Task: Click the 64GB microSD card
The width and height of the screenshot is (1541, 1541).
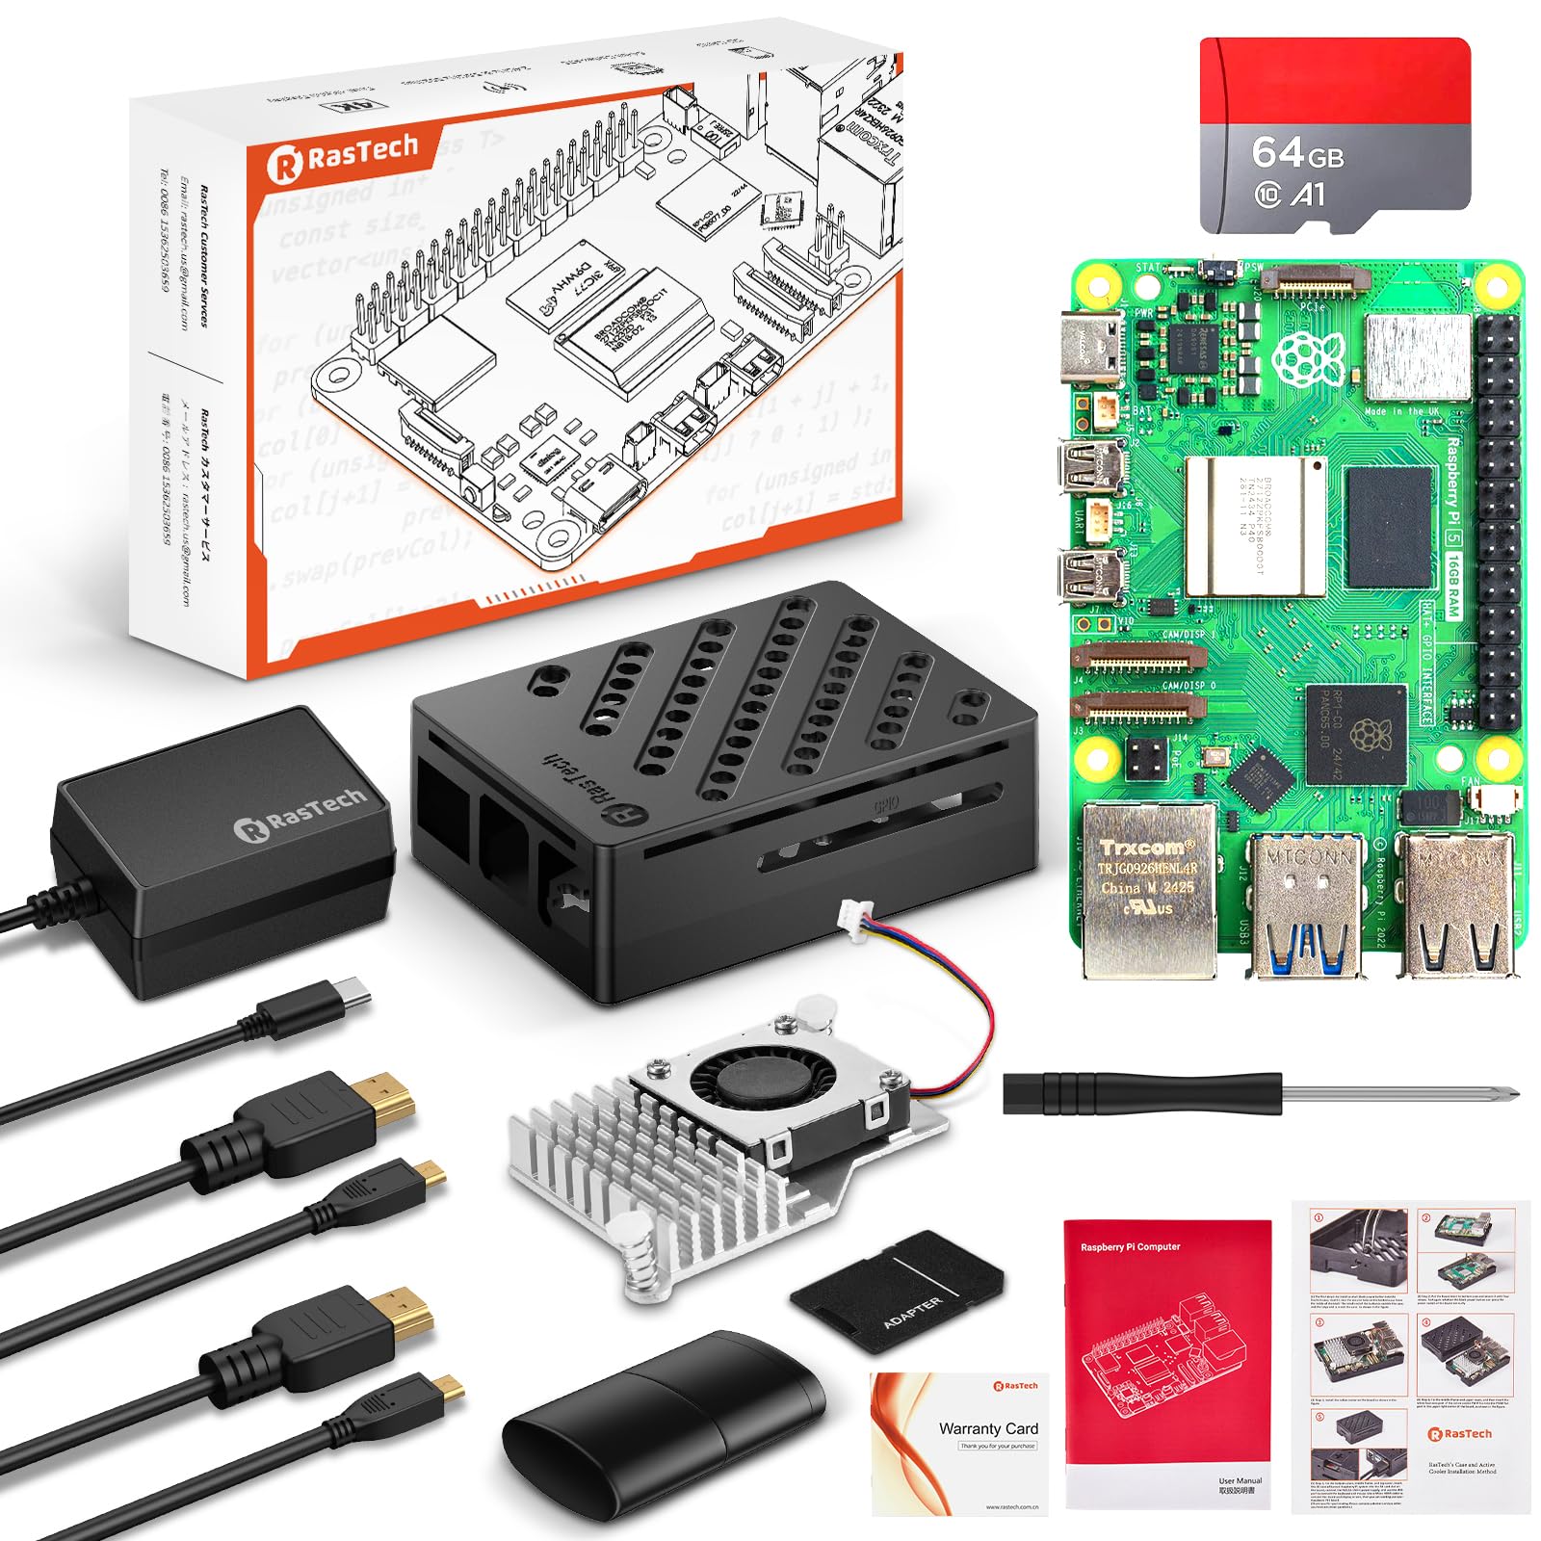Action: tap(1334, 135)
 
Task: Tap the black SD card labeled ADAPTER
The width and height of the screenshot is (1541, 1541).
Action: tap(897, 1291)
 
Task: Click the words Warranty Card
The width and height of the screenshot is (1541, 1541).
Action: tap(988, 1428)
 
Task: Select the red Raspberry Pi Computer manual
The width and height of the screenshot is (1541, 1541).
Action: tap(1166, 1358)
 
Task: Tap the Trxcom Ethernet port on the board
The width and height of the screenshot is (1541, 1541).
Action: tap(1146, 886)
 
